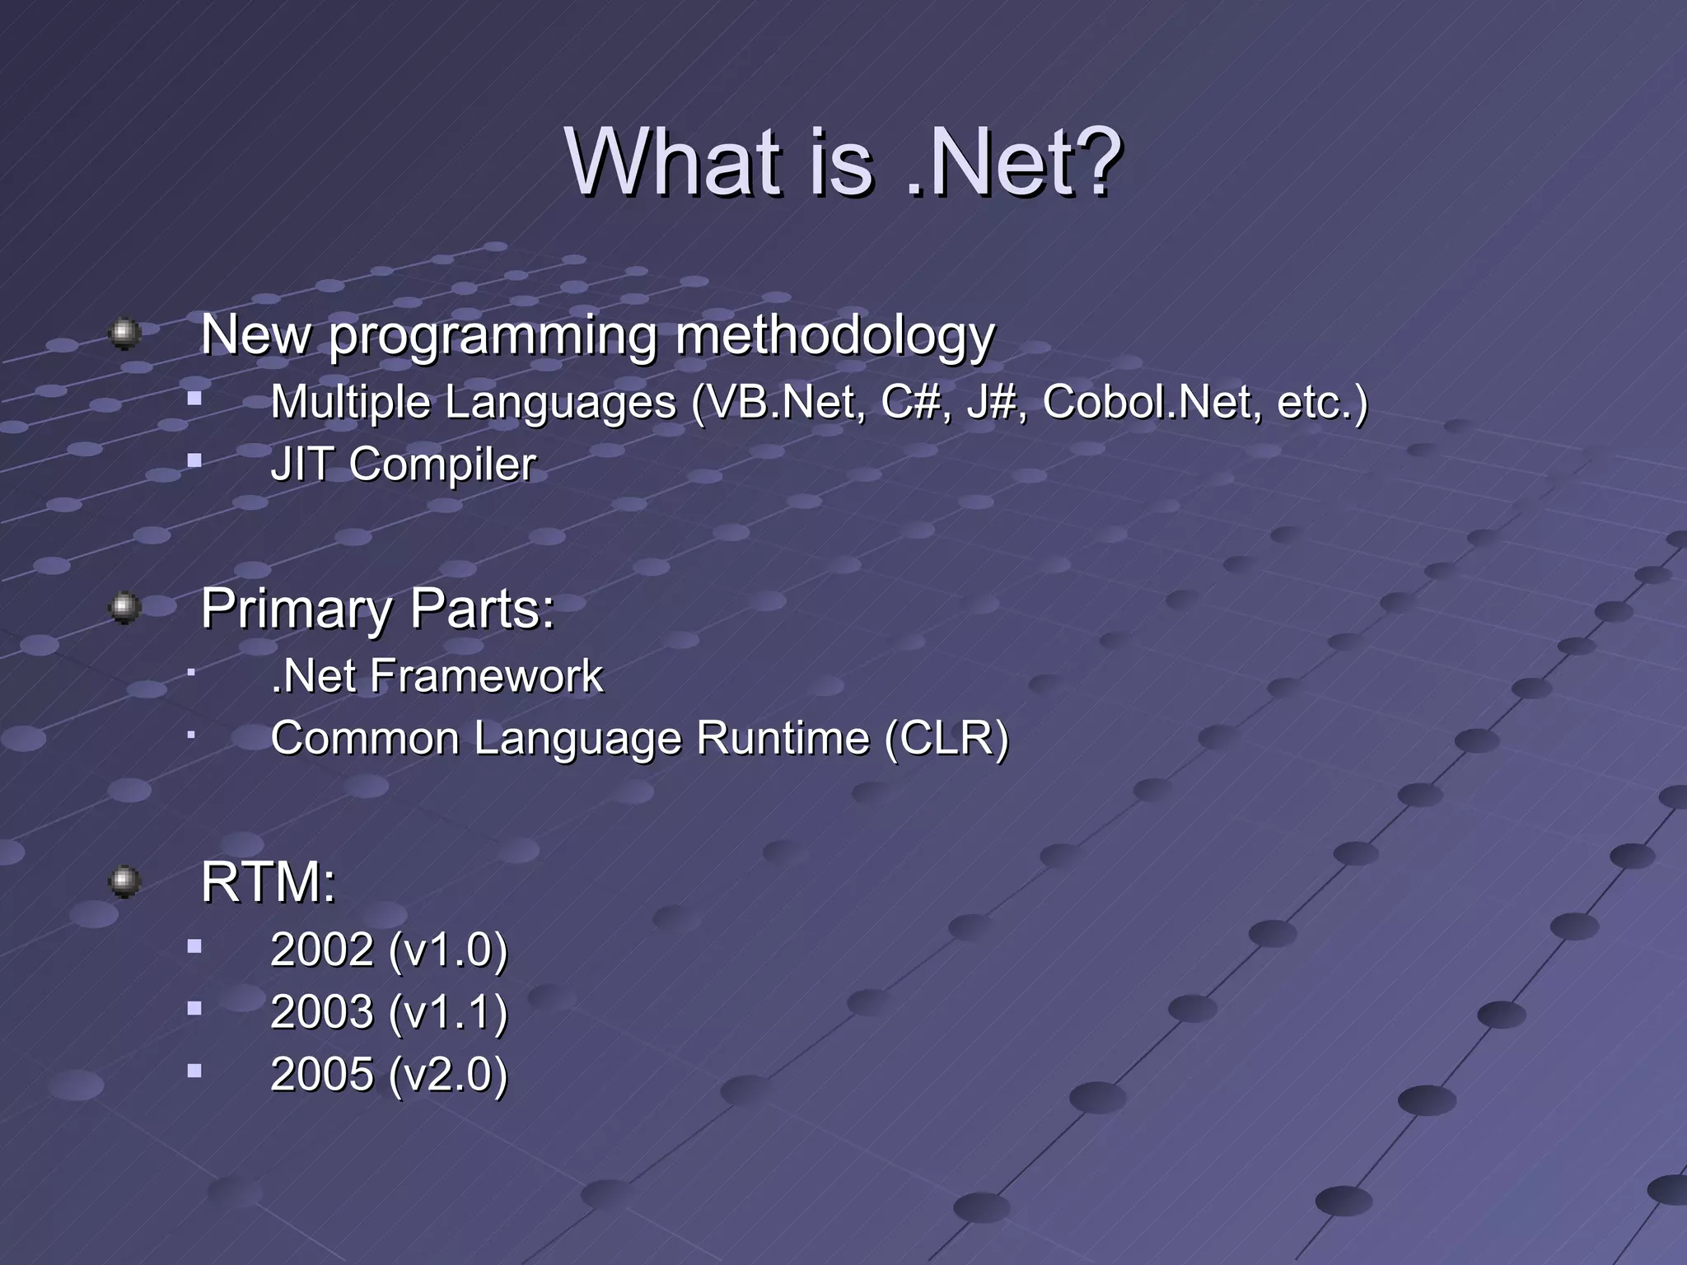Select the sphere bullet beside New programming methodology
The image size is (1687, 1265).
coord(124,334)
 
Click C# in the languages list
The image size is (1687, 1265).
coord(910,403)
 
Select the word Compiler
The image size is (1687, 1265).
coord(442,465)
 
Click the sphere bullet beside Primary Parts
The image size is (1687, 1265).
coord(124,608)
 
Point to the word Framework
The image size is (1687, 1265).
coord(486,676)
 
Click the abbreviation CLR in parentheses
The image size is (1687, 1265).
coord(946,738)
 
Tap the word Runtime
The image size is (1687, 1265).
coord(782,738)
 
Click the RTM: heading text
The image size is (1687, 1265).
coord(269,882)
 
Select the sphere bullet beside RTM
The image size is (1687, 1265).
coord(124,882)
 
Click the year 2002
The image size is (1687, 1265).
coord(322,950)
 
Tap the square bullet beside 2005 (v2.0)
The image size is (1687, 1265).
coord(194,1071)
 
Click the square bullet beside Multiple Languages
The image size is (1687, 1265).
coord(194,399)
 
